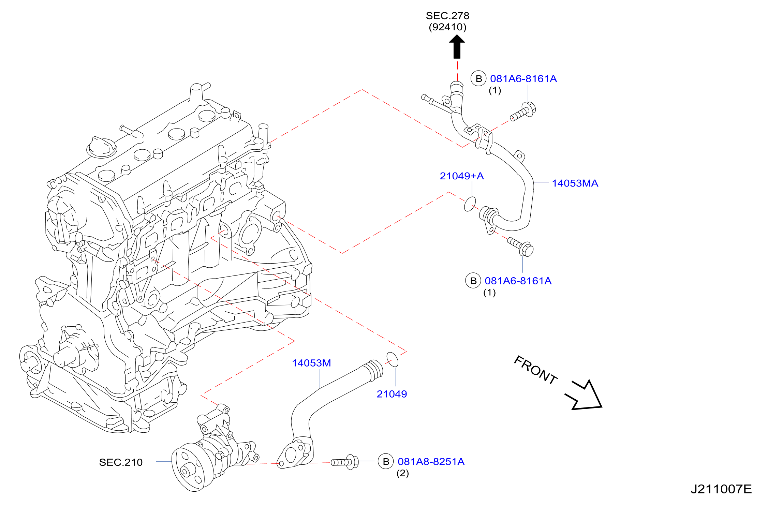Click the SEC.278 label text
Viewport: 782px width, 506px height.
click(447, 16)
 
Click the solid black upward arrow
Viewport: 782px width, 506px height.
click(457, 47)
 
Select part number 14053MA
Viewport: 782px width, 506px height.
click(575, 183)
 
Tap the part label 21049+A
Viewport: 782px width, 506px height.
click(462, 176)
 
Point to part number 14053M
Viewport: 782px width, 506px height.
click(311, 363)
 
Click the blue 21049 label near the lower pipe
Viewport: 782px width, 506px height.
click(392, 394)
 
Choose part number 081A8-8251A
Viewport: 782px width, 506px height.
click(431, 462)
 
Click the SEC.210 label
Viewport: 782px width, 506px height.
click(121, 462)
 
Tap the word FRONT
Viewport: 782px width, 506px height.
click(535, 370)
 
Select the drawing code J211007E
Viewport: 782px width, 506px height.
click(721, 489)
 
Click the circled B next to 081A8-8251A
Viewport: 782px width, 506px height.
click(386, 462)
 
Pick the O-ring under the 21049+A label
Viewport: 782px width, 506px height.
click(470, 204)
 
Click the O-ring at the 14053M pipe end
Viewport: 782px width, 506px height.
click(392, 359)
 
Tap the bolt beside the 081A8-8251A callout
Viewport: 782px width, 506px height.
click(345, 462)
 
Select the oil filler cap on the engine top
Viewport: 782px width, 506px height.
click(102, 147)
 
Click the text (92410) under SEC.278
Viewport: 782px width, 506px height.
click(447, 27)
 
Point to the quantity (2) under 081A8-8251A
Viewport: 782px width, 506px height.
click(402, 473)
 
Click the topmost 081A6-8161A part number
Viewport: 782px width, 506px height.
click(523, 79)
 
